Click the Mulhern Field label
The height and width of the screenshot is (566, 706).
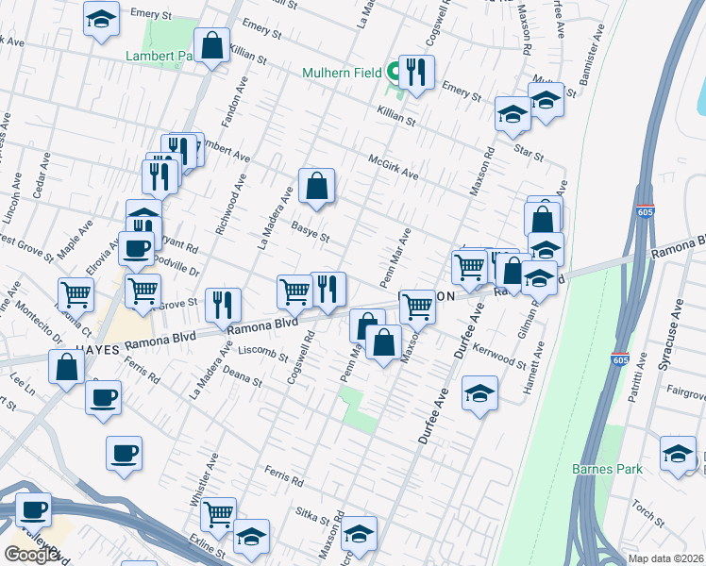pos(342,73)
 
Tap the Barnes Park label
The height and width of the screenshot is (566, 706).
pos(607,469)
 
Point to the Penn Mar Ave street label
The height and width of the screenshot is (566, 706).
pos(395,258)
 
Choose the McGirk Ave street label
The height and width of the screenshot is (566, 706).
pos(393,166)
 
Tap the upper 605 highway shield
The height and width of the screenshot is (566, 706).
pos(646,211)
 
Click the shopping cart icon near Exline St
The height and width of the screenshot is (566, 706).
pos(218,514)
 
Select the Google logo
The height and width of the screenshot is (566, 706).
pos(31,554)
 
